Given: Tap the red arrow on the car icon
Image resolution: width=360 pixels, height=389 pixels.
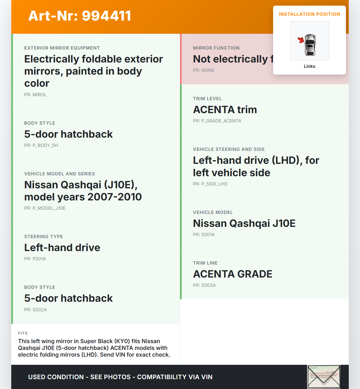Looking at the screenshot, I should [x=301, y=40].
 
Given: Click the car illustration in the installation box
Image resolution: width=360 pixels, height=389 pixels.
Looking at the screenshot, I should [x=310, y=45].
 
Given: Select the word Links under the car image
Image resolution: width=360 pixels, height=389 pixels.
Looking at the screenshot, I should [x=309, y=66].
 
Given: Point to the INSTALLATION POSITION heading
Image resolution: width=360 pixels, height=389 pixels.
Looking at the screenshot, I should [x=309, y=14].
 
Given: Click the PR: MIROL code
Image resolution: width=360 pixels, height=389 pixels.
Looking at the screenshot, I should [x=35, y=95].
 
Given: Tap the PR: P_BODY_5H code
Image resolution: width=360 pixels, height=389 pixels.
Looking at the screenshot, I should [x=41, y=145].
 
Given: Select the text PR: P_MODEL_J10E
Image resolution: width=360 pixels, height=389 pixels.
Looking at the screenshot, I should [x=45, y=208].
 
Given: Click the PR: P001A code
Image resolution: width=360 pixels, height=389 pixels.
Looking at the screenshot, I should [x=35, y=259].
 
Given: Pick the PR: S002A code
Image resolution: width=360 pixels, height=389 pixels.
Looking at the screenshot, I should [x=35, y=310].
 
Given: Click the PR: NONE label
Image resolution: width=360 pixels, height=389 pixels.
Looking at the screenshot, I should [x=203, y=70].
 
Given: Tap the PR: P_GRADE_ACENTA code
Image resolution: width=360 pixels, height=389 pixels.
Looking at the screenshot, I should [x=217, y=121].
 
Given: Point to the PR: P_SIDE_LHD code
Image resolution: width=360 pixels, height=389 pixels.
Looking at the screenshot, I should [x=210, y=184].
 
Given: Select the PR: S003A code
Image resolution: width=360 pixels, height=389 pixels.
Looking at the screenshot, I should [x=204, y=285].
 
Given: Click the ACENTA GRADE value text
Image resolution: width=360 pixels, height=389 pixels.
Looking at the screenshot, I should [x=233, y=274].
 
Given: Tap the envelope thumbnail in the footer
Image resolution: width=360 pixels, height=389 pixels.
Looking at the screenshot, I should [x=324, y=377].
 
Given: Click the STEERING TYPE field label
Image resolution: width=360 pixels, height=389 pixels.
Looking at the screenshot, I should [x=44, y=236].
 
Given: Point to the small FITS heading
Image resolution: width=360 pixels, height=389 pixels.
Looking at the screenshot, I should [x=23, y=333].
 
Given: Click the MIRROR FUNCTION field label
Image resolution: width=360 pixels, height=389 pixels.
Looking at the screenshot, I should [x=216, y=48].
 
